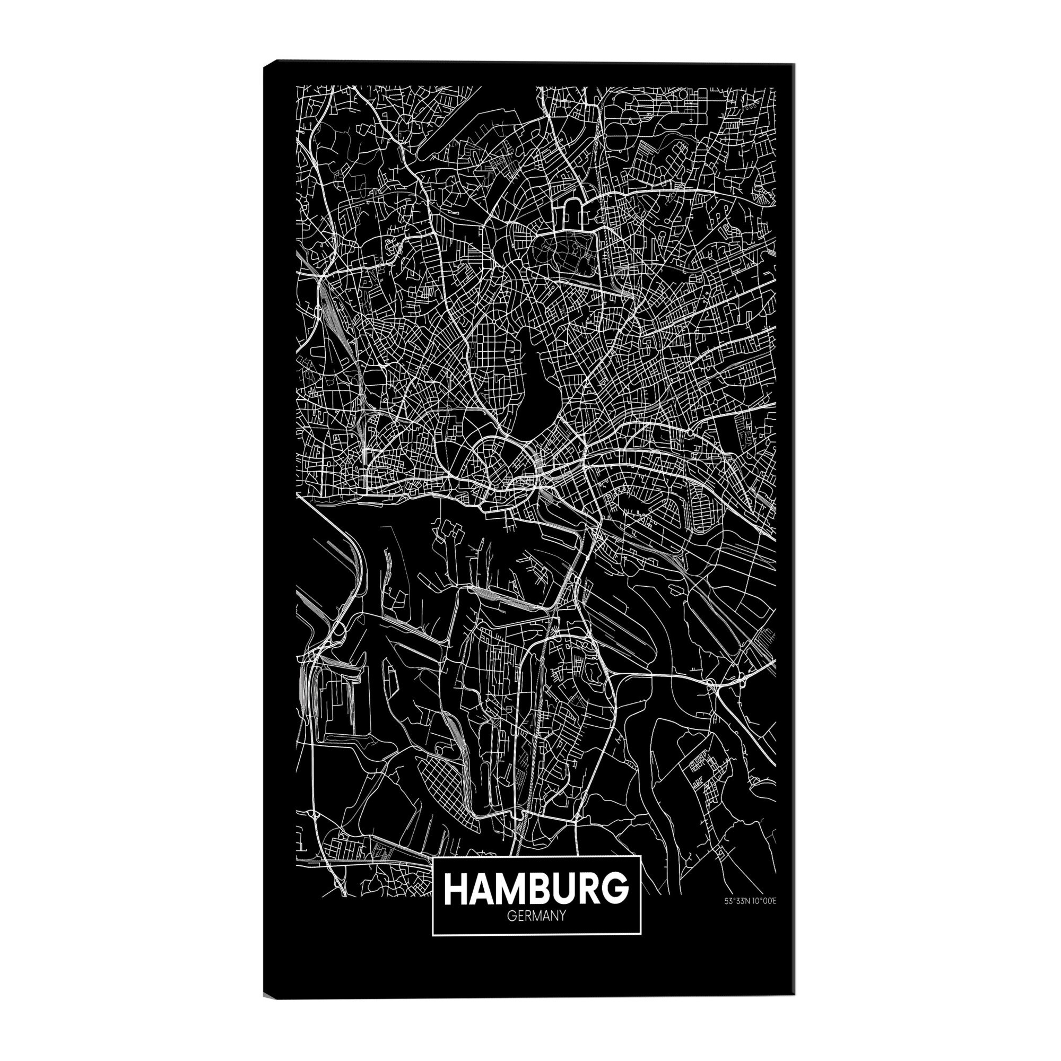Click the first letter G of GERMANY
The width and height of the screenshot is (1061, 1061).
coord(511,916)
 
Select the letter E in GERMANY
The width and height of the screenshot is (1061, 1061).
coord(519,916)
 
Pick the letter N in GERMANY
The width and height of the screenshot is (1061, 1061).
coord(553,916)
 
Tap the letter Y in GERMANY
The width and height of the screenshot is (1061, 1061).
coord(562,916)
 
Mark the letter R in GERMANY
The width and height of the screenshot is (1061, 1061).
coord(527,916)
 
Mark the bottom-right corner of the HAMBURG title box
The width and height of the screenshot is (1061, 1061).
coord(642,934)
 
